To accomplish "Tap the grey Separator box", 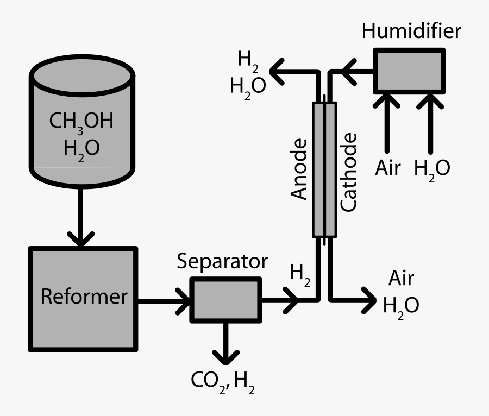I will tap(225, 299).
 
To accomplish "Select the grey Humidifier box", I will tap(409, 71).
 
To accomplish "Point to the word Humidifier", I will tap(411, 31).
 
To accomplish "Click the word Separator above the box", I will tap(223, 262).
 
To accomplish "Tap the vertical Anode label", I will tap(299, 169).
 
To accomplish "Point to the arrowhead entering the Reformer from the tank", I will tap(81, 239).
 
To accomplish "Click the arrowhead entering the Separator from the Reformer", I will tap(182, 299).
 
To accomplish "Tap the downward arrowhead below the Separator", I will tap(225, 357).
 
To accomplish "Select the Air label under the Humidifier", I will tap(388, 168).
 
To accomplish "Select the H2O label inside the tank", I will tap(81, 148).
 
